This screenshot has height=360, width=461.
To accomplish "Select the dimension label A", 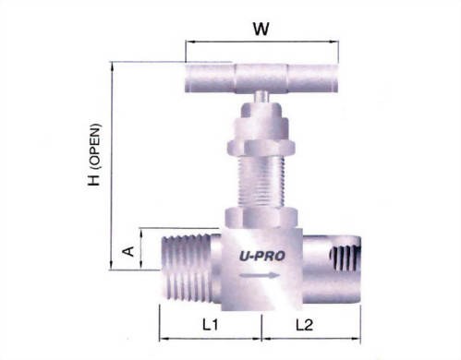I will pos(128,249).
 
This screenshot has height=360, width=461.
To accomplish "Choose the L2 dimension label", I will pos(306,325).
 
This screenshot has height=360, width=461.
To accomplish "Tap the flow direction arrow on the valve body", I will pos(261,275).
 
